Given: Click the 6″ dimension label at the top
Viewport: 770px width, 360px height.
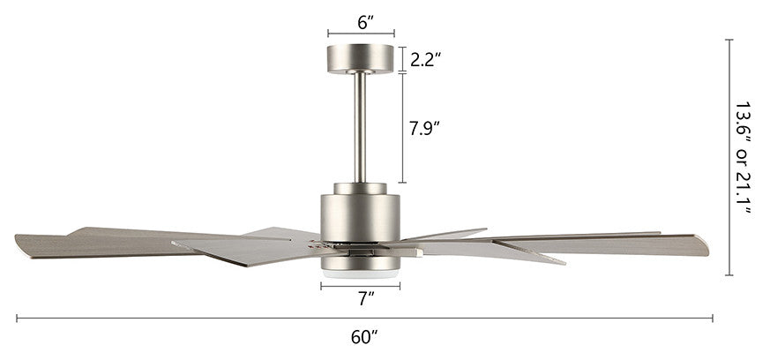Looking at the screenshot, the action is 365,22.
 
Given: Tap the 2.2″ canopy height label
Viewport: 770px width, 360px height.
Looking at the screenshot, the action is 425,59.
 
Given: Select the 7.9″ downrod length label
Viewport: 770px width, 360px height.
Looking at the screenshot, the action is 423,128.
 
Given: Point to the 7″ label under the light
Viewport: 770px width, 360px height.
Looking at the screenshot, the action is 366,298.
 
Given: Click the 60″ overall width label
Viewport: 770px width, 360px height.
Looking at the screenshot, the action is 364,337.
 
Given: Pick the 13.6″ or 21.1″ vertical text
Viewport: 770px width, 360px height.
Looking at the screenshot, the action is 743,158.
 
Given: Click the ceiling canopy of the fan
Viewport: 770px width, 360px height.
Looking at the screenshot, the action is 361,59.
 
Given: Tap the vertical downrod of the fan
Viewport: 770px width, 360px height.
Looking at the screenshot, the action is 361,128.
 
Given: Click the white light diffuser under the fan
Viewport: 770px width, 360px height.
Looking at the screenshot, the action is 361,274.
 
